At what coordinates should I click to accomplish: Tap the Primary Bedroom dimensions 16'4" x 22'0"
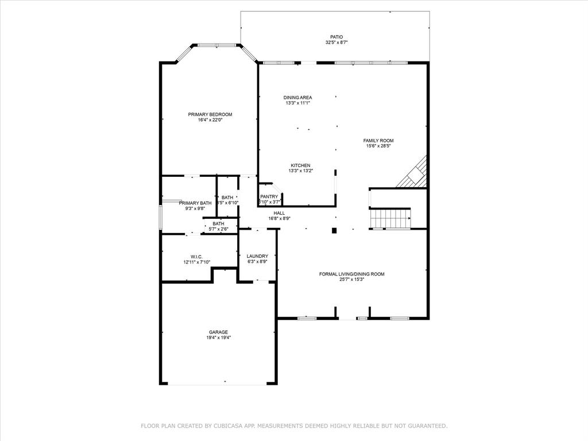210,120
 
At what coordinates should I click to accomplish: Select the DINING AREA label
297,97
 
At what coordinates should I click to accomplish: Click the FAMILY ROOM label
378,140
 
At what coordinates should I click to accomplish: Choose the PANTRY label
269,197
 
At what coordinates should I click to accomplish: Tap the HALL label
279,212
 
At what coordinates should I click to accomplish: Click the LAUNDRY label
257,256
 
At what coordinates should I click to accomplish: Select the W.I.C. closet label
196,257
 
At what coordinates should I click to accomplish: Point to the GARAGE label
218,332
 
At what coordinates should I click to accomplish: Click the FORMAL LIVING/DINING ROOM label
351,274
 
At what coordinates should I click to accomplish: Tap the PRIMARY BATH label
195,203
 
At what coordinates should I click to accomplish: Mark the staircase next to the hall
390,219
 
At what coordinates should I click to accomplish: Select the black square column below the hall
334,231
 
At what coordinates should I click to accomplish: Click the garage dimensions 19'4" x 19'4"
218,338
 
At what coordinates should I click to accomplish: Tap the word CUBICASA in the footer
227,425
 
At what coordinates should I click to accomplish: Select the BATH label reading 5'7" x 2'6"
218,224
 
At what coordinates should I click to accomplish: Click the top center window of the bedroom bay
216,45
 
